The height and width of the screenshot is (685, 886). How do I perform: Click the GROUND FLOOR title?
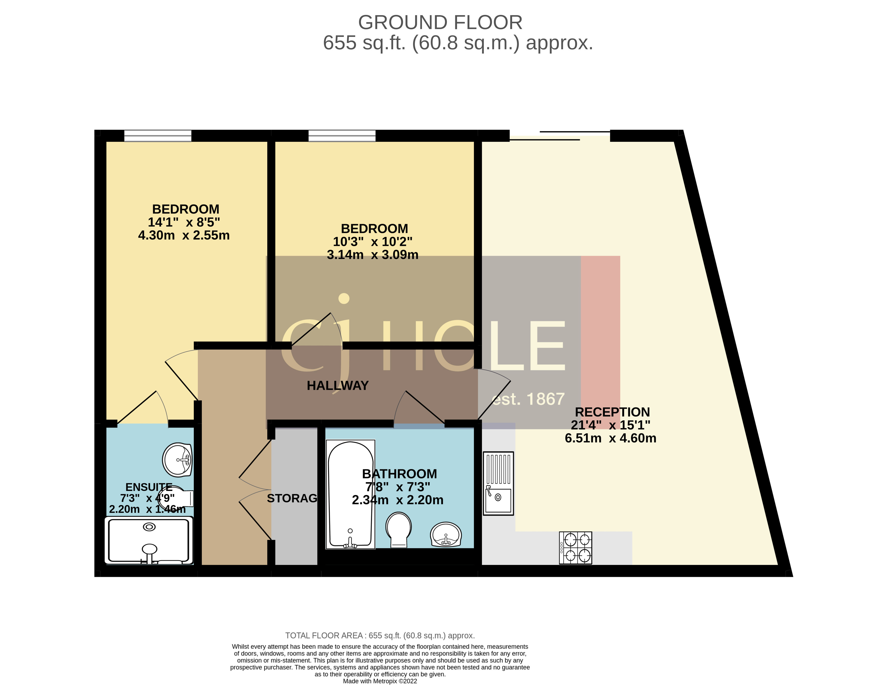440,22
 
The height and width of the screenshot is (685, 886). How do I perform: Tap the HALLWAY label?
338,386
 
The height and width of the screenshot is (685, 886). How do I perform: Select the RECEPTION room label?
612,412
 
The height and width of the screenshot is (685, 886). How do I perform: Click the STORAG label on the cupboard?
292,498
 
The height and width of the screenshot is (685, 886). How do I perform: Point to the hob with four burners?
575,548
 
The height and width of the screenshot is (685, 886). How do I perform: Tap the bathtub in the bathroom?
350,494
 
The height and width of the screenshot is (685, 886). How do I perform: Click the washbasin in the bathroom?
445,534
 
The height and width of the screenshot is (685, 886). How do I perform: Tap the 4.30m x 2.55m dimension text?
184,235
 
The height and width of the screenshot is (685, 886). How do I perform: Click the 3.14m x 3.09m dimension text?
372,255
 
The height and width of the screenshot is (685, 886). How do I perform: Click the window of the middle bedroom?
342,135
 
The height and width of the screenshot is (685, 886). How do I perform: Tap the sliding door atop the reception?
560,135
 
